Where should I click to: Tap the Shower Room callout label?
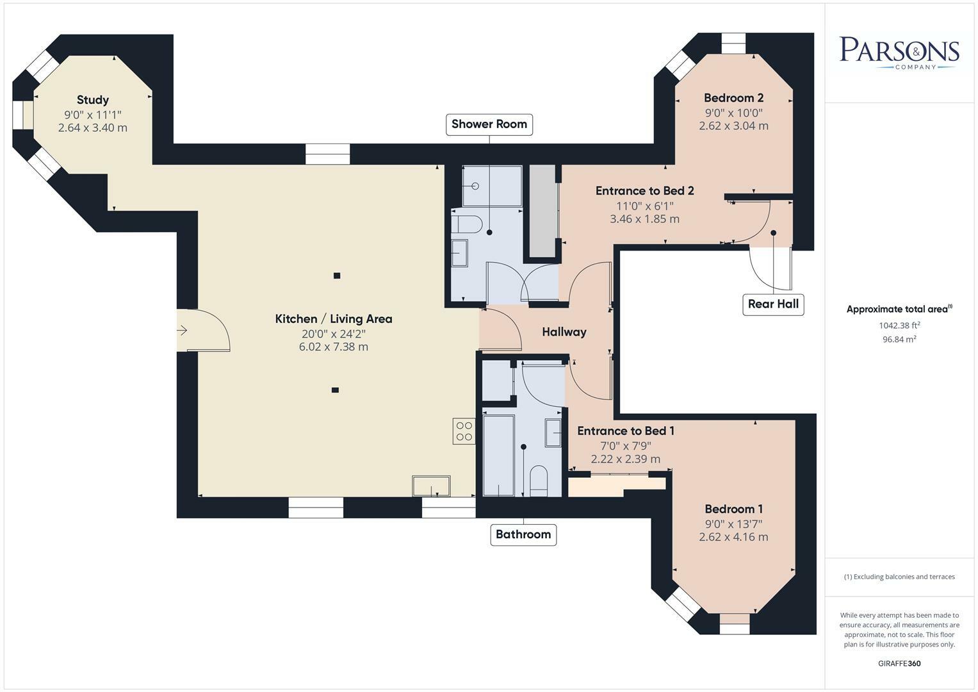coord(489,124)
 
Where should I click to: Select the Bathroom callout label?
coord(523,534)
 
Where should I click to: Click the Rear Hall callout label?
coord(773,304)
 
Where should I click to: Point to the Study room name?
coord(93,100)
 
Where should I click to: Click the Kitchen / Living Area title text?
coord(334,319)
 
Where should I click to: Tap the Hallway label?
coord(564,332)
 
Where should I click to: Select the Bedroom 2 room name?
coord(733,98)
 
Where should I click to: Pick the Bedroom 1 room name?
coord(733,509)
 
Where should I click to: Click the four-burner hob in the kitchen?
coord(464,431)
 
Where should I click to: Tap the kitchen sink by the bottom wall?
coord(431,485)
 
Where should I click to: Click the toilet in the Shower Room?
coord(466,224)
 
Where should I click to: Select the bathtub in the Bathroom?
coord(498,455)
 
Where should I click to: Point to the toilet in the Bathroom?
coord(539,480)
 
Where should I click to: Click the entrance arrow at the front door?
coord(182,331)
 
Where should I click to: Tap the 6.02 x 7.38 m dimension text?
coord(334,347)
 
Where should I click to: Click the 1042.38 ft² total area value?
coord(899,325)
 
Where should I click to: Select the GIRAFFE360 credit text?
coord(899,663)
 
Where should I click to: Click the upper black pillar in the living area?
coord(337,276)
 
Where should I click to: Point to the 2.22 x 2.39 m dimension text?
coord(625,459)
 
